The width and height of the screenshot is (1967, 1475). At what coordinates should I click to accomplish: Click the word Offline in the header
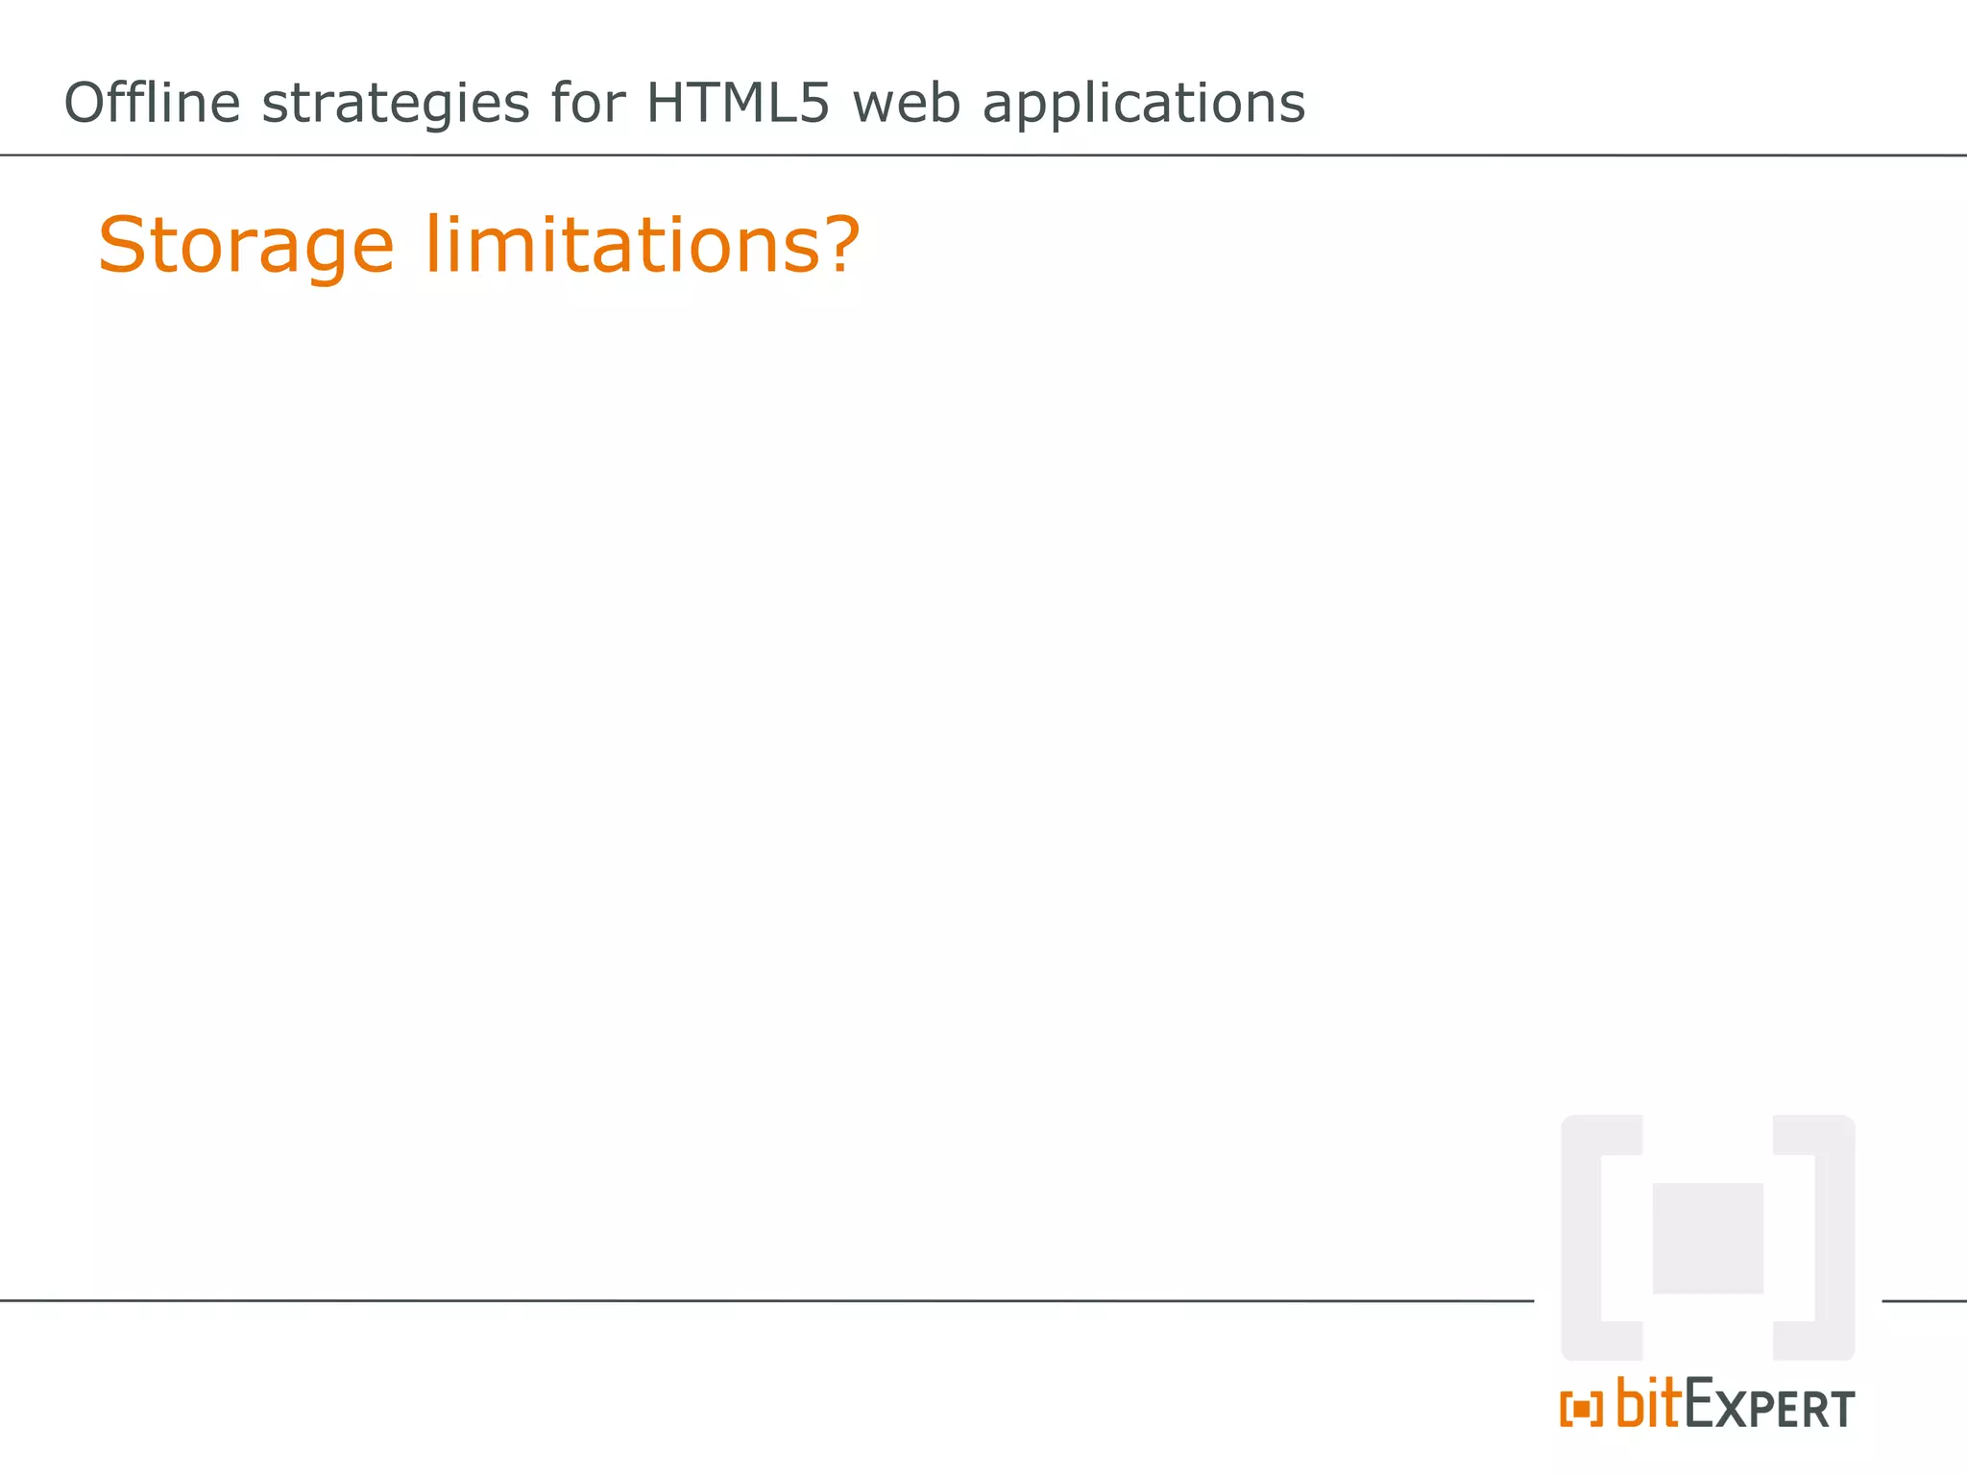[152, 103]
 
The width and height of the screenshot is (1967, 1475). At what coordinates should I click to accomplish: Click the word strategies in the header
[395, 105]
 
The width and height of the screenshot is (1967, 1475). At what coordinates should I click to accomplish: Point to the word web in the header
[906, 103]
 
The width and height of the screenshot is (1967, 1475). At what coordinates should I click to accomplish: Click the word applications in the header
[1143, 105]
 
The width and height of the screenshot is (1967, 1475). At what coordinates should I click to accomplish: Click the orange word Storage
[246, 247]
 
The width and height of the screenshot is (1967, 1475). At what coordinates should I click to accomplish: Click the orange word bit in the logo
[1648, 1403]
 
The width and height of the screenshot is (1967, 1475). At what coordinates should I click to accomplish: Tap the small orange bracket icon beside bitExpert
[1581, 1410]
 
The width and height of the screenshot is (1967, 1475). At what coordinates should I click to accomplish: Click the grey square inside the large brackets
[1707, 1238]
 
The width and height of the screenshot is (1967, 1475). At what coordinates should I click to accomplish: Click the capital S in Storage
[128, 245]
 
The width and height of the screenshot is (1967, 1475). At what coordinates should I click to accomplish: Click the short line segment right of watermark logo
[1924, 1301]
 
